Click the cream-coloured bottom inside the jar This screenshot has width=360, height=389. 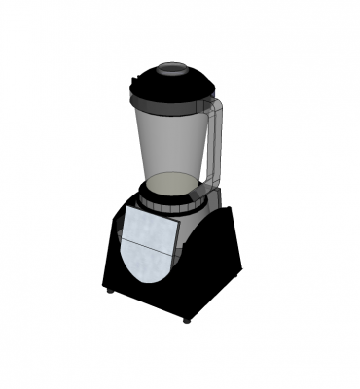point(172,184)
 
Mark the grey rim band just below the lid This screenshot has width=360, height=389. point(171,108)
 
